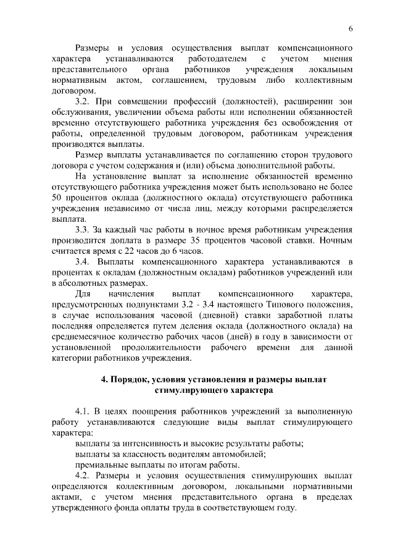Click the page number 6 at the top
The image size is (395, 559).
[x=351, y=28]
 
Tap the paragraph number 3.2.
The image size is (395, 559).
[x=83, y=101]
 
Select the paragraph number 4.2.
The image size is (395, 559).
[x=83, y=477]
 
